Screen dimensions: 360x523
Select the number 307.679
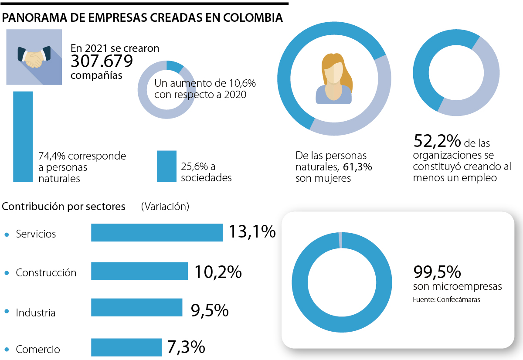(x=102, y=61)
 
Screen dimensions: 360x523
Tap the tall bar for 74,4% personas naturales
(x=23, y=136)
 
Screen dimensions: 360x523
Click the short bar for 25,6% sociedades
(x=166, y=166)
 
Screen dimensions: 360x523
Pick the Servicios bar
(x=156, y=232)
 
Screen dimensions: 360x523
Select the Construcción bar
(x=139, y=271)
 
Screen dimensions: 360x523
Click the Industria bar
(x=136, y=307)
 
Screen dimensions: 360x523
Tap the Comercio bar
(x=126, y=347)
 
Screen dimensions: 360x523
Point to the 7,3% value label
(x=186, y=347)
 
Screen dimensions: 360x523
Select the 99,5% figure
(x=437, y=272)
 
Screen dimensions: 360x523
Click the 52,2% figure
(x=437, y=141)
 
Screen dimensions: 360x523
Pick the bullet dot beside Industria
(x=7, y=311)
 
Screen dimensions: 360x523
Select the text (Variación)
(x=165, y=207)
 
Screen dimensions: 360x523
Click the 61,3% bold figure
(x=357, y=167)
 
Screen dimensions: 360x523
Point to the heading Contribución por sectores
(x=64, y=207)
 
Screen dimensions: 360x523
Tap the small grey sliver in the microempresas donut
(x=340, y=240)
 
